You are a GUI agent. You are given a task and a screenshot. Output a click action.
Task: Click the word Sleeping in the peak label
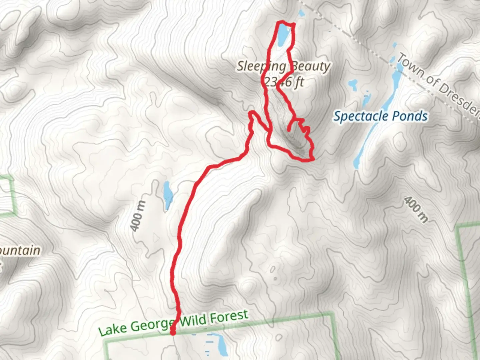(x=261, y=67)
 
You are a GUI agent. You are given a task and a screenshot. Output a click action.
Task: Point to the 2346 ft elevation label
(x=283, y=81)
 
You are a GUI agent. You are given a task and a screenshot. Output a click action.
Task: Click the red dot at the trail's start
(x=173, y=332)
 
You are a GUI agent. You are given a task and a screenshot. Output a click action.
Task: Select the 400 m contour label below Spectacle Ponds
(x=415, y=209)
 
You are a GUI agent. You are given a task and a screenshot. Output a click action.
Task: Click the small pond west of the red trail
(x=167, y=196)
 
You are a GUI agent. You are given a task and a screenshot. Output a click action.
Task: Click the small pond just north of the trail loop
(x=301, y=13)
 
